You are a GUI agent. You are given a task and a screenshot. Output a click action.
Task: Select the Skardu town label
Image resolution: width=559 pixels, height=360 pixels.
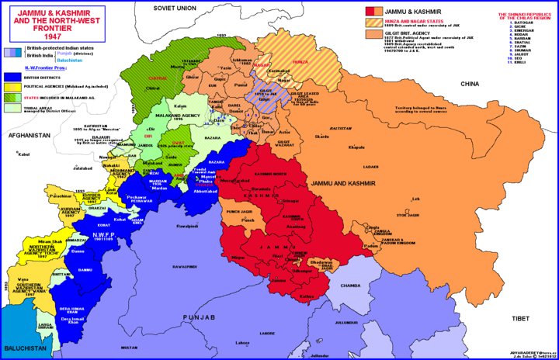pyautogui.click(x=322, y=137)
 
